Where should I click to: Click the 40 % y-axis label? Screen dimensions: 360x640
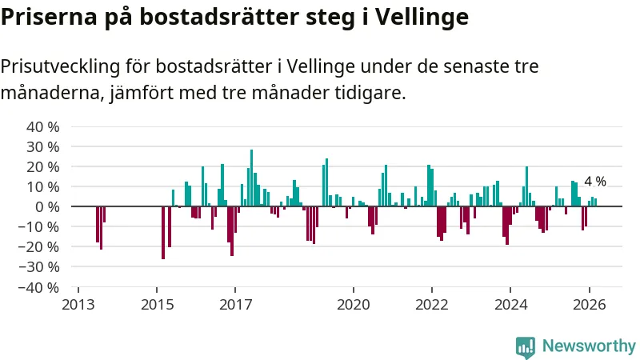coord(43,127)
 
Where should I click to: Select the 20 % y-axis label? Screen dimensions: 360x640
coord(43,167)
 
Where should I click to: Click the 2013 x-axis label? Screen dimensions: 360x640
coord(78,305)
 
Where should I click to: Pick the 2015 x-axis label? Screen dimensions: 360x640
coord(157,305)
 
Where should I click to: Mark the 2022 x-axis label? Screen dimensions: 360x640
coord(432,305)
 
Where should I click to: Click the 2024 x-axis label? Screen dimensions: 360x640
coord(510,305)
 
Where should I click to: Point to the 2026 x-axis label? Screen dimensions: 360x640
coord(589,305)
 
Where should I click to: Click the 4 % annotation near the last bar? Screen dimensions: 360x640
coord(595,182)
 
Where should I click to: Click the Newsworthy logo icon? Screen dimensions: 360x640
coord(526,346)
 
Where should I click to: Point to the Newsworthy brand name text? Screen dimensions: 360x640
coord(589,346)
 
